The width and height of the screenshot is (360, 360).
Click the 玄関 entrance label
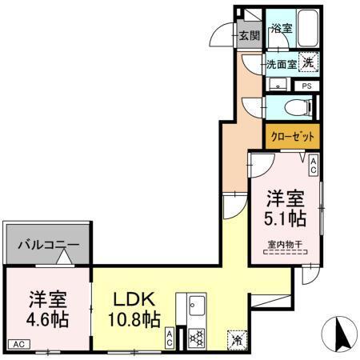(250, 35)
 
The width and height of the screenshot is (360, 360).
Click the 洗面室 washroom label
(282, 63)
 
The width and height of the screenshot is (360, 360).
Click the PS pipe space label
(307, 85)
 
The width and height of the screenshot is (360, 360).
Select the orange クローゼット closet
(292, 137)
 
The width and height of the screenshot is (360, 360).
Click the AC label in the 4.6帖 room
(18, 344)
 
